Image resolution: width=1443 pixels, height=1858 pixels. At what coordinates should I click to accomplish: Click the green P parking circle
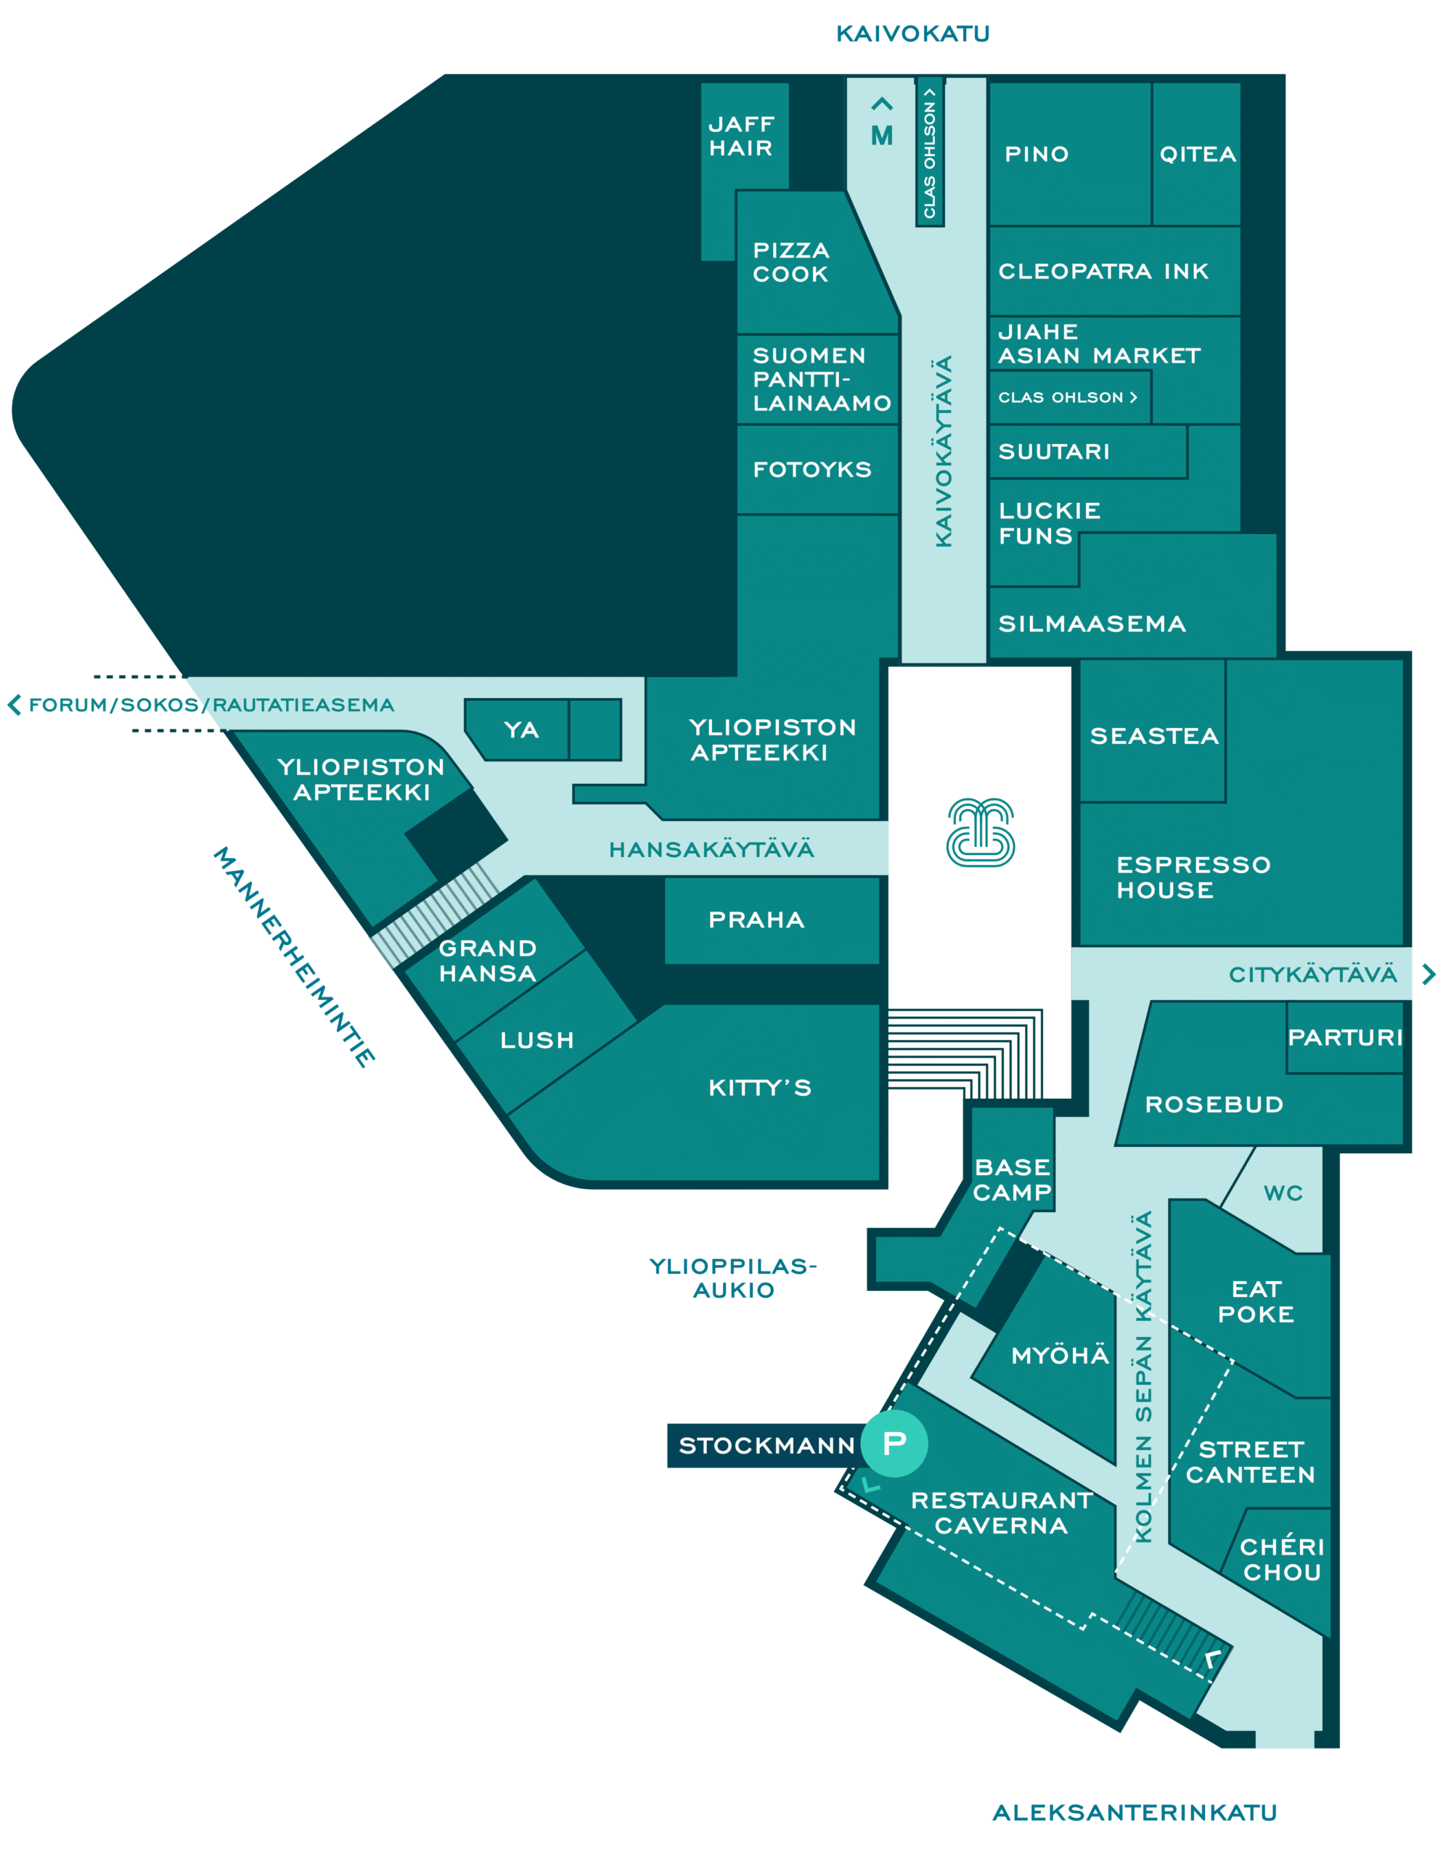coord(894,1443)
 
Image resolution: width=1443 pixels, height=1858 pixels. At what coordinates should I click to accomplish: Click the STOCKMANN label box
coord(766,1446)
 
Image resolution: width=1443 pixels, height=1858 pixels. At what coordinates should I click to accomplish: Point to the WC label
coord(1283,1192)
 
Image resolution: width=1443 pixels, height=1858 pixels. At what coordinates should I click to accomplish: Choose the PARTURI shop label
coord(1345,1037)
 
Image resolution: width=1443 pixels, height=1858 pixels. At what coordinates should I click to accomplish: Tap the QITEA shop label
coord(1197,154)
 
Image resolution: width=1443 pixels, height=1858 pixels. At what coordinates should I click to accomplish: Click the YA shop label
coord(520,730)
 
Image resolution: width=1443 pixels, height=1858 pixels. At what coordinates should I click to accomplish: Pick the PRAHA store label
coord(756,920)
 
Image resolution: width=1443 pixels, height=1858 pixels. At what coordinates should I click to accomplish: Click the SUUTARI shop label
coord(1054,451)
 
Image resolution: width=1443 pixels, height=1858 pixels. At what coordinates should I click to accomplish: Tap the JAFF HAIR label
coord(741,136)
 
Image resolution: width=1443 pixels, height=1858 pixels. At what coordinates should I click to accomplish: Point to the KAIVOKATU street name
coord(913,34)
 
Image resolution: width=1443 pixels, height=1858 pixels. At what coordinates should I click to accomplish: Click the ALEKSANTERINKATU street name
coord(1135,1812)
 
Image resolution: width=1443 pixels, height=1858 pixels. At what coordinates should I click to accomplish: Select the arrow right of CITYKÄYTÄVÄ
coord(1428,974)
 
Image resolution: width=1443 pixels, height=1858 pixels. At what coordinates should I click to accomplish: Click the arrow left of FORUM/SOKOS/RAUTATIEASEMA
coord(14,705)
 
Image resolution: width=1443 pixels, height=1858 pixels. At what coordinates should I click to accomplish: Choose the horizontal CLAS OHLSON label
coord(1068,397)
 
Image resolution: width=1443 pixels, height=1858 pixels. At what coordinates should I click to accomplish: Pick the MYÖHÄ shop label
coord(1060,1354)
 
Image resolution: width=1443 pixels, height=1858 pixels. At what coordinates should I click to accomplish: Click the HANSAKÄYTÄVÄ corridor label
coord(711,849)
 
